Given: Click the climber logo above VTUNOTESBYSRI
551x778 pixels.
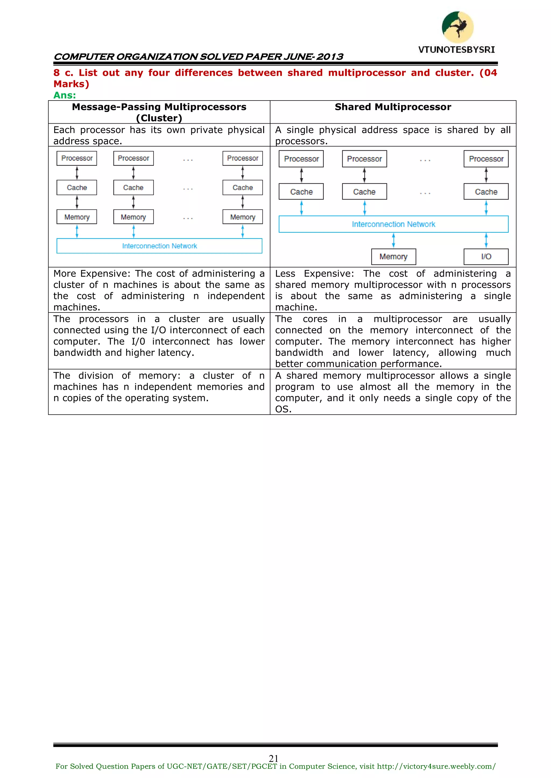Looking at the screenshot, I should click(457, 27).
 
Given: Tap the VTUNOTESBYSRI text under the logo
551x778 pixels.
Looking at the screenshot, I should click(456, 50).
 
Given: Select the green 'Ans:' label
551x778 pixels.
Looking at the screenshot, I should click(65, 95).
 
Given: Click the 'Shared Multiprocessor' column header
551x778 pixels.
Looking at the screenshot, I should click(393, 107).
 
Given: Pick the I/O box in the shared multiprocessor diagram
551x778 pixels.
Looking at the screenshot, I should click(486, 256).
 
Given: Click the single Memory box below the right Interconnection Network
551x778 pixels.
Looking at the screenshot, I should click(393, 256).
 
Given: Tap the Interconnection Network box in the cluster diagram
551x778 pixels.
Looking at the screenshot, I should click(160, 246).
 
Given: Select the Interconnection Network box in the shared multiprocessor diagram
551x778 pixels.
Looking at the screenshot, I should click(393, 224).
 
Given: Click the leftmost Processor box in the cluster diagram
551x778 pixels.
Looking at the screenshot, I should click(77, 158).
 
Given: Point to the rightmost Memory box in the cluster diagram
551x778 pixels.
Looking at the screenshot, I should click(243, 217).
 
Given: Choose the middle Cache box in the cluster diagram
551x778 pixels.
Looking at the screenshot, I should click(133, 187).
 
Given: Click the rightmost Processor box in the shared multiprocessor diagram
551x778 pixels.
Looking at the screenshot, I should click(486, 159).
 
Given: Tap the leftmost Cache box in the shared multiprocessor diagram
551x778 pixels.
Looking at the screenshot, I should click(301, 192).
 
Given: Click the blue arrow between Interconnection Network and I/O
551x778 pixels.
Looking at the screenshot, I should click(486, 241).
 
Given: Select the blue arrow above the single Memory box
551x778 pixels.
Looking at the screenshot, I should click(393, 241).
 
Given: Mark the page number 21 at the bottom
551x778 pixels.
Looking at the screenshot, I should click(273, 758).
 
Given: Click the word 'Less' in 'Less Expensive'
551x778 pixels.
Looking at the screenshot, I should click(285, 274).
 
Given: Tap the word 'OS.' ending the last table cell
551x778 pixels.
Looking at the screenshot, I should click(283, 409).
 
